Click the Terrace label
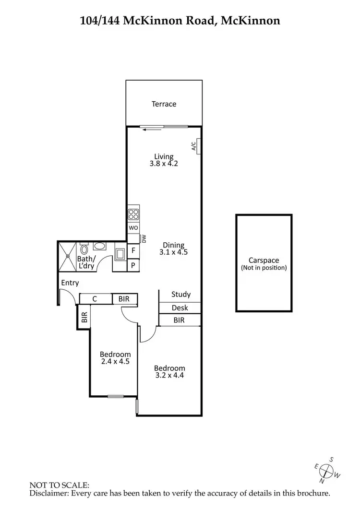click(x=164, y=104)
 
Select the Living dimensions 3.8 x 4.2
click(x=164, y=164)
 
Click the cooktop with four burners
click(x=133, y=214)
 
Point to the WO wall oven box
click(x=133, y=228)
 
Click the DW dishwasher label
click(x=143, y=238)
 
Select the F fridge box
click(x=133, y=251)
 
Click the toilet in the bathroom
click(x=84, y=249)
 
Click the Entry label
click(x=70, y=283)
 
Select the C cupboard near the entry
click(x=95, y=299)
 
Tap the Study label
click(x=181, y=295)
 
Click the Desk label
click(x=180, y=308)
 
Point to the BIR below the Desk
click(x=180, y=320)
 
